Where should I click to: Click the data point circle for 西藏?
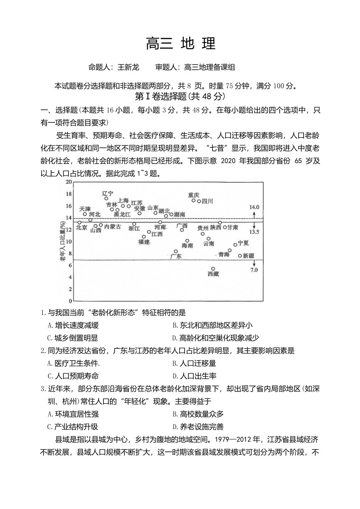pos(213,269)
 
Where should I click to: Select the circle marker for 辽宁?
pos(106,198)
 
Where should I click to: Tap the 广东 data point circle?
pos(176,251)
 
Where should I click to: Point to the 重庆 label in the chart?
pos(193,195)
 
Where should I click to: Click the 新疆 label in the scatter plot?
pos(249,256)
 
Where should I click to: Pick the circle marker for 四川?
pos(199,201)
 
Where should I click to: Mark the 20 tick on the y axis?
pos(69,182)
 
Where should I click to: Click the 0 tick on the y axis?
pos(70,301)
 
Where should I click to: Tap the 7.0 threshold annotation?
pos(254,270)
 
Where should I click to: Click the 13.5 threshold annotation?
pos(254,232)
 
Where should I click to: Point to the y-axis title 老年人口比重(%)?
pos(62,242)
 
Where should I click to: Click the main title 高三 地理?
pos(180,44)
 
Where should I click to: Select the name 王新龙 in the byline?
pos(128,67)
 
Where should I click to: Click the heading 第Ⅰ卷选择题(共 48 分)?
pos(180,97)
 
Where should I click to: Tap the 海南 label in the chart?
pos(187,245)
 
